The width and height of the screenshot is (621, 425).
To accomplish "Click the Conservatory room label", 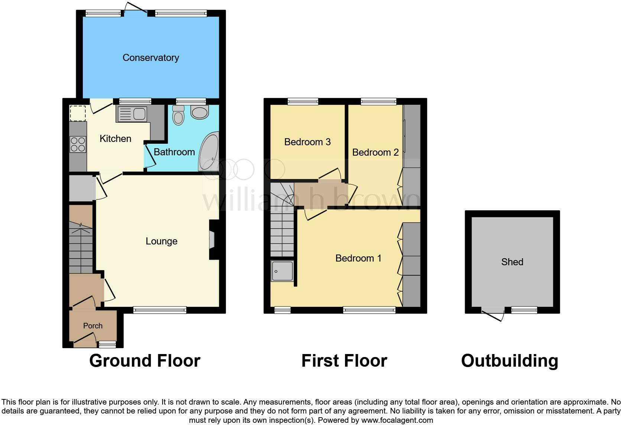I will (x=151, y=58).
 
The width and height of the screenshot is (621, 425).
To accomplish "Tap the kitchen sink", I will (x=132, y=114).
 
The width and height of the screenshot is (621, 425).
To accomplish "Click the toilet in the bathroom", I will (x=179, y=115).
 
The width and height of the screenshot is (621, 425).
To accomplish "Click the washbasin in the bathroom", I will (x=199, y=112).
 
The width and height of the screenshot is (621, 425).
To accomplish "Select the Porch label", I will (x=93, y=326).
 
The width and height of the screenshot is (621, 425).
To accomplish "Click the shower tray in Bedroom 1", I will (x=282, y=271).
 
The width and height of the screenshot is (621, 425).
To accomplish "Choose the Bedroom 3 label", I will (x=307, y=142).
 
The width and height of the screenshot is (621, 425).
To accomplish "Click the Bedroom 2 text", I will (x=375, y=152).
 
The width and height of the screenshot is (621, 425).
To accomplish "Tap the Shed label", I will (x=512, y=262).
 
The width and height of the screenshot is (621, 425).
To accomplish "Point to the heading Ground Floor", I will (x=144, y=361).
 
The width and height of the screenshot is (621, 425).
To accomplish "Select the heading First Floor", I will (x=344, y=361).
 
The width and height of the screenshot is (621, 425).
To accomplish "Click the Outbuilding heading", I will (x=509, y=361).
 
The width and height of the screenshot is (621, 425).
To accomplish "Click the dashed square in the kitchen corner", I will (x=78, y=113).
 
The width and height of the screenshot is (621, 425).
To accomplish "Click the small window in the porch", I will (x=107, y=344).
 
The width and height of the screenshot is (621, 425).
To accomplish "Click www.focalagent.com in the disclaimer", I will (x=397, y=421).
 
